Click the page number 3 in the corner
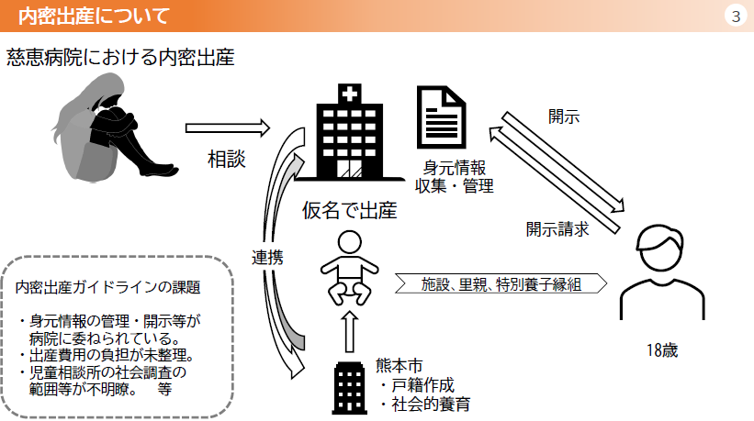click(736, 17)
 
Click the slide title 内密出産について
click(94, 16)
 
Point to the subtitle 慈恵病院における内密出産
click(120, 58)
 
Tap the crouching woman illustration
click(115, 127)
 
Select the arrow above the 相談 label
click(228, 128)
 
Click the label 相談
click(227, 159)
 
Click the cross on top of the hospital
click(350, 94)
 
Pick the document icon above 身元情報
click(441, 117)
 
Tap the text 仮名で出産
click(350, 210)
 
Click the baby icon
click(350, 268)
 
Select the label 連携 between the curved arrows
click(267, 258)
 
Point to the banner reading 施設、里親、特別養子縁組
click(501, 283)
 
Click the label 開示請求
click(557, 229)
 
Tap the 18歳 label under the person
click(662, 350)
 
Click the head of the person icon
click(661, 248)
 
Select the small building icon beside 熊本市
click(350, 388)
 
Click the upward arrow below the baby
click(350, 332)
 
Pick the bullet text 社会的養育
click(431, 404)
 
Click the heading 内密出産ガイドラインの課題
click(107, 287)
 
